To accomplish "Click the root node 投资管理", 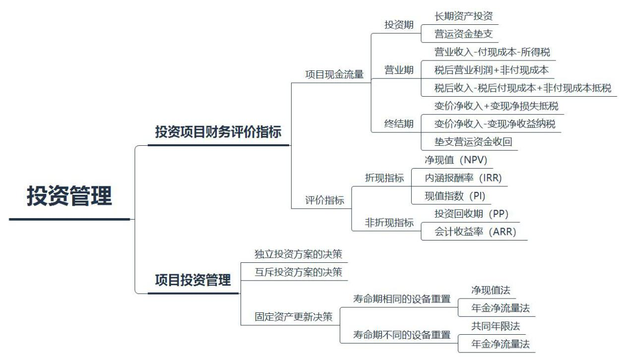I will (69, 196).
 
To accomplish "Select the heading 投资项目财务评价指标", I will (218, 132).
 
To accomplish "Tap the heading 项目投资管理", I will (193, 280).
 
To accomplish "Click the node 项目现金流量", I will (334, 74).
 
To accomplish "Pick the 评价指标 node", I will (324, 200).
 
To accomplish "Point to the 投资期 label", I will (399, 25).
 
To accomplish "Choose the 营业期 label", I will (399, 70).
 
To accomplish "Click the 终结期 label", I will (399, 124).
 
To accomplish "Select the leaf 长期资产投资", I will (463, 16).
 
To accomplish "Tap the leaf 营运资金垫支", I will (463, 34).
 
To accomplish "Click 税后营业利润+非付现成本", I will (491, 70).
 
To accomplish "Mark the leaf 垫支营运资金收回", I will (473, 142).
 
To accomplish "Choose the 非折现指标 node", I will (389, 223).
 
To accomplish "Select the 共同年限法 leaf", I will (490, 326).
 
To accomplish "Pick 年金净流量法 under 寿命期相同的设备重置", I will (500, 308).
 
